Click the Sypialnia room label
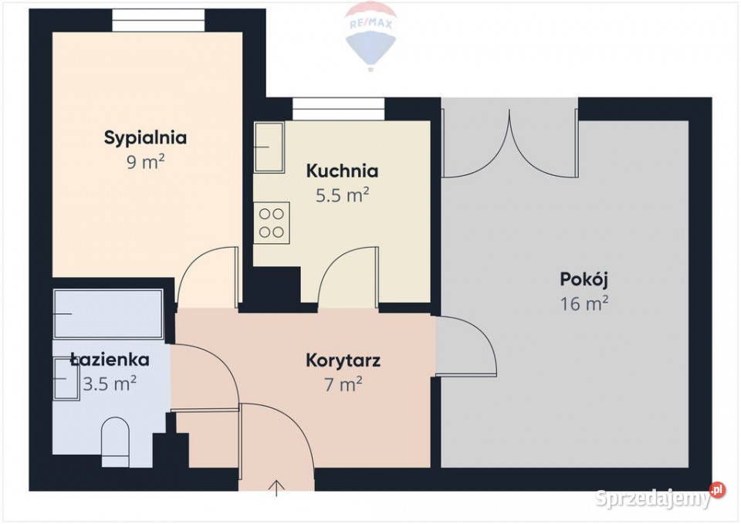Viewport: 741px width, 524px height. point(145,138)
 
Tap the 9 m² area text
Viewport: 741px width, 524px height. point(145,162)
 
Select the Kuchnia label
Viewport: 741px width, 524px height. point(342,171)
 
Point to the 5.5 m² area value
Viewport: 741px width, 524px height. point(342,194)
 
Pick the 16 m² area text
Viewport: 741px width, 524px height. point(584,303)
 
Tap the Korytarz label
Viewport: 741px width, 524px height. point(343,360)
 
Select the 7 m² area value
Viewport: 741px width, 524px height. point(343,384)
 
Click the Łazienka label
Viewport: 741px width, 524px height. point(109,359)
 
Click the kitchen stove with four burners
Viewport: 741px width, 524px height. point(271,222)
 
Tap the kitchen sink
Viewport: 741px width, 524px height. point(270,147)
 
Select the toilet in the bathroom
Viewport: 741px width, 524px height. point(116,441)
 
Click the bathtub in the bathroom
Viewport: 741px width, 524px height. point(108,314)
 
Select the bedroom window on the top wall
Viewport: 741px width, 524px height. point(158,20)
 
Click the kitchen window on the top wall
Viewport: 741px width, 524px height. point(338,109)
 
